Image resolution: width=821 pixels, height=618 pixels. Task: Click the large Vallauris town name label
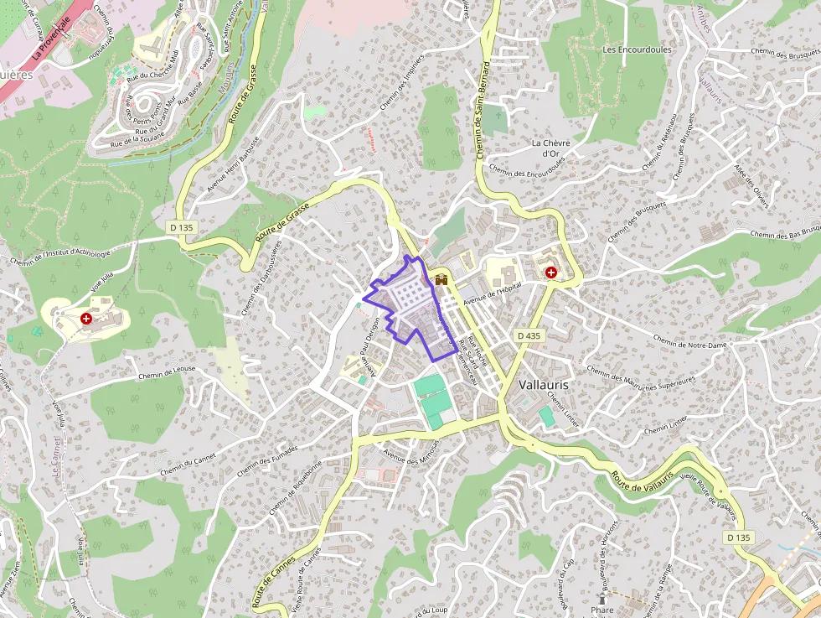(544, 383)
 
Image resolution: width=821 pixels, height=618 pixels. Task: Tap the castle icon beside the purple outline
(440, 280)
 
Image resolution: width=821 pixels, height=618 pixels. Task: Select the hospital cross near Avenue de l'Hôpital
(550, 273)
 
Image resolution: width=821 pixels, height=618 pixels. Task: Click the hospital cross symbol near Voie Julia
(86, 319)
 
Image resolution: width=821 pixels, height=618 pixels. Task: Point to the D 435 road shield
(530, 335)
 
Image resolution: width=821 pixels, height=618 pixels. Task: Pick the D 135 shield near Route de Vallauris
(739, 537)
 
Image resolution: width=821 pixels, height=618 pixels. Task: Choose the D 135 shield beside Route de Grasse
(180, 226)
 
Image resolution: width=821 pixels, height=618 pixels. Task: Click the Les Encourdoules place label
(637, 49)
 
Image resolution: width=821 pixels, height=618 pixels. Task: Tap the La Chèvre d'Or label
(550, 148)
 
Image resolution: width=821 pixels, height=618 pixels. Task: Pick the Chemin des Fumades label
(266, 461)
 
